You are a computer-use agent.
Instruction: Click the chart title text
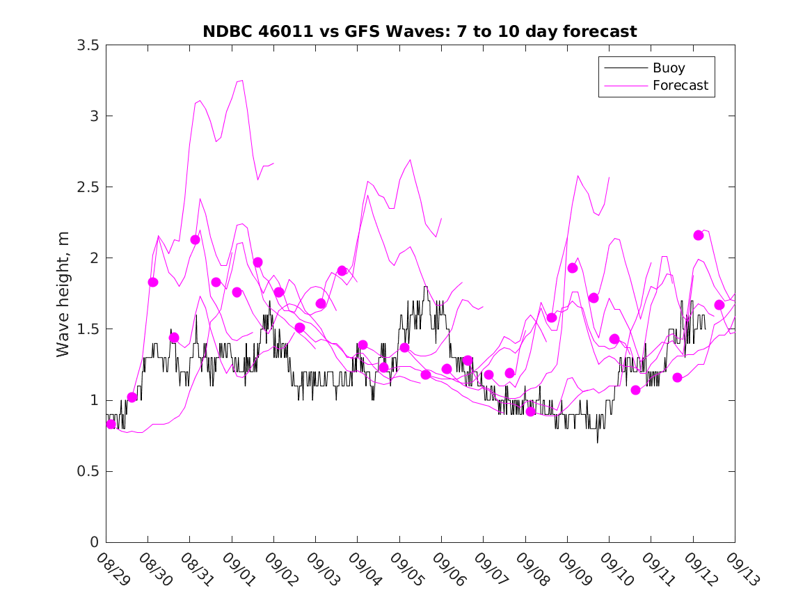(x=420, y=31)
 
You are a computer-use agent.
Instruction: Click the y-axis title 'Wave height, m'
(x=63, y=293)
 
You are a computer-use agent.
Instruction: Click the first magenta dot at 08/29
(x=111, y=424)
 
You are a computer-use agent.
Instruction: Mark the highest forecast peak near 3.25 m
(x=241, y=80)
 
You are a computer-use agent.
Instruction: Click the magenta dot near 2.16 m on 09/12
(x=699, y=235)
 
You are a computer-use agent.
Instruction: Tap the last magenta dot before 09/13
(x=719, y=305)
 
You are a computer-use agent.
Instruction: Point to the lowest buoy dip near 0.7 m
(x=597, y=442)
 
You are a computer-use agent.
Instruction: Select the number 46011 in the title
(x=276, y=31)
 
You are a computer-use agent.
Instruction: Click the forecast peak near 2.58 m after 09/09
(x=578, y=175)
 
